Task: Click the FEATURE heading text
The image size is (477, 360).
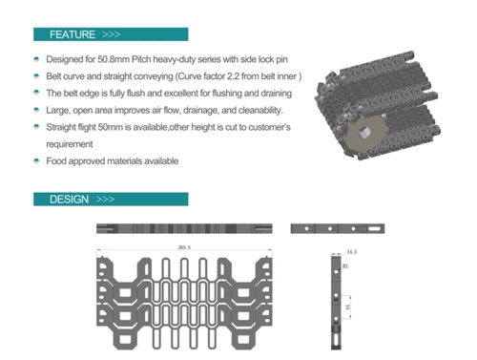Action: pos(72,34)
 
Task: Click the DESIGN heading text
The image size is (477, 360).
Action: pos(69,200)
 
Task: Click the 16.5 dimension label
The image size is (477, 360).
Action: pos(350,251)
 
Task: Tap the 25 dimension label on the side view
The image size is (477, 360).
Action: pos(350,309)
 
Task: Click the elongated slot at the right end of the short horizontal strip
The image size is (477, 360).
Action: pos(363,230)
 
